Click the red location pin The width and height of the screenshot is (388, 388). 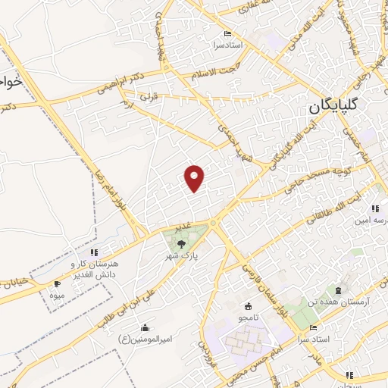coord(195,177)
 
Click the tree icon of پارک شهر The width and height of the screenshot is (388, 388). coord(182,243)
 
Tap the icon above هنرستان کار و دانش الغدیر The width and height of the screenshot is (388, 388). coord(93,252)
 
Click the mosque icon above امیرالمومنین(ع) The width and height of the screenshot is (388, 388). coord(145,327)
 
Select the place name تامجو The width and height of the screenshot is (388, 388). coord(248,319)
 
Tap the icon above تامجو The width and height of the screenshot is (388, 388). coord(248,307)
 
